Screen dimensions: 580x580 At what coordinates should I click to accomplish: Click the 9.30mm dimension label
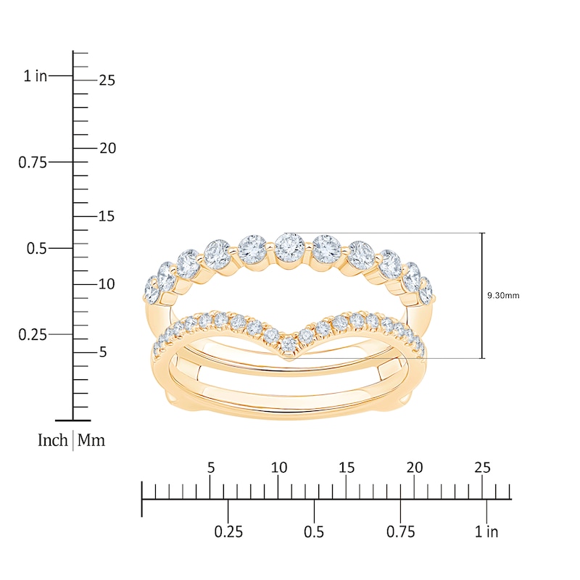coord(503,295)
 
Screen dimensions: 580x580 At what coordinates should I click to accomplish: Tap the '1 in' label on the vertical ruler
coord(36,76)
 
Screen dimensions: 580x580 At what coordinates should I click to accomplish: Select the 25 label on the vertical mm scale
coord(107,80)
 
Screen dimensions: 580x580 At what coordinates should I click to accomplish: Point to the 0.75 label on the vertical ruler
coord(33,162)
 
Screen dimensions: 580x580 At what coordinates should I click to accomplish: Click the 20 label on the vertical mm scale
coord(107,149)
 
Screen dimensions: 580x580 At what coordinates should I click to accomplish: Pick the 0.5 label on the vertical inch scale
coord(37,248)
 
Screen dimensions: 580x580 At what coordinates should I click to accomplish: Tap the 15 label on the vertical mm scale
coord(107,216)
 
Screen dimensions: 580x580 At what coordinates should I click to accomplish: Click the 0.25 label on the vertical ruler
coord(33,335)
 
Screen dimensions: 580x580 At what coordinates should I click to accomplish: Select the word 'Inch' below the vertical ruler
coord(52,440)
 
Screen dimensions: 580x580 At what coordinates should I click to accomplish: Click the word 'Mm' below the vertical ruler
coord(91,440)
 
